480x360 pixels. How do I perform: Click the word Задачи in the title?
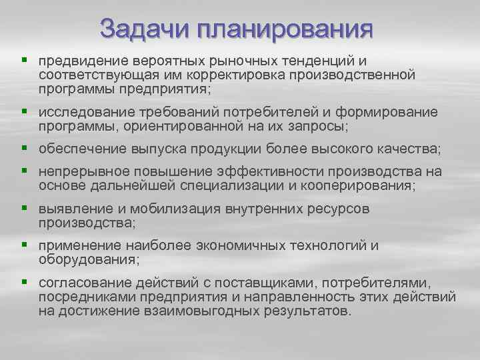[141, 29]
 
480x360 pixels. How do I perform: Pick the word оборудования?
[85, 258]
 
